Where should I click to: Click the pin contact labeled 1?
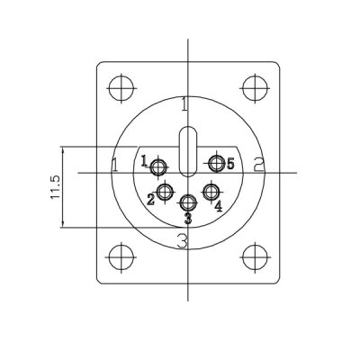click(158, 167)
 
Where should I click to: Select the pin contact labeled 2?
click(165, 193)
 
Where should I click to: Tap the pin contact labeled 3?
click(188, 203)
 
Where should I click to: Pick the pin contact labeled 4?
click(211, 193)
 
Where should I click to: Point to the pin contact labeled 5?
click(216, 164)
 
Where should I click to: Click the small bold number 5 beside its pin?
click(230, 164)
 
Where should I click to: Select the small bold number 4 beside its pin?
click(218, 206)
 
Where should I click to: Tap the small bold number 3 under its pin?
click(188, 219)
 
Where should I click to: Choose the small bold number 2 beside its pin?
click(150, 200)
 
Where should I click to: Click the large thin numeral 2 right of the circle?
click(258, 164)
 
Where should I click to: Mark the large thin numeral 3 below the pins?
click(182, 241)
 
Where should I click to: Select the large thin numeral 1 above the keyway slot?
click(184, 104)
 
